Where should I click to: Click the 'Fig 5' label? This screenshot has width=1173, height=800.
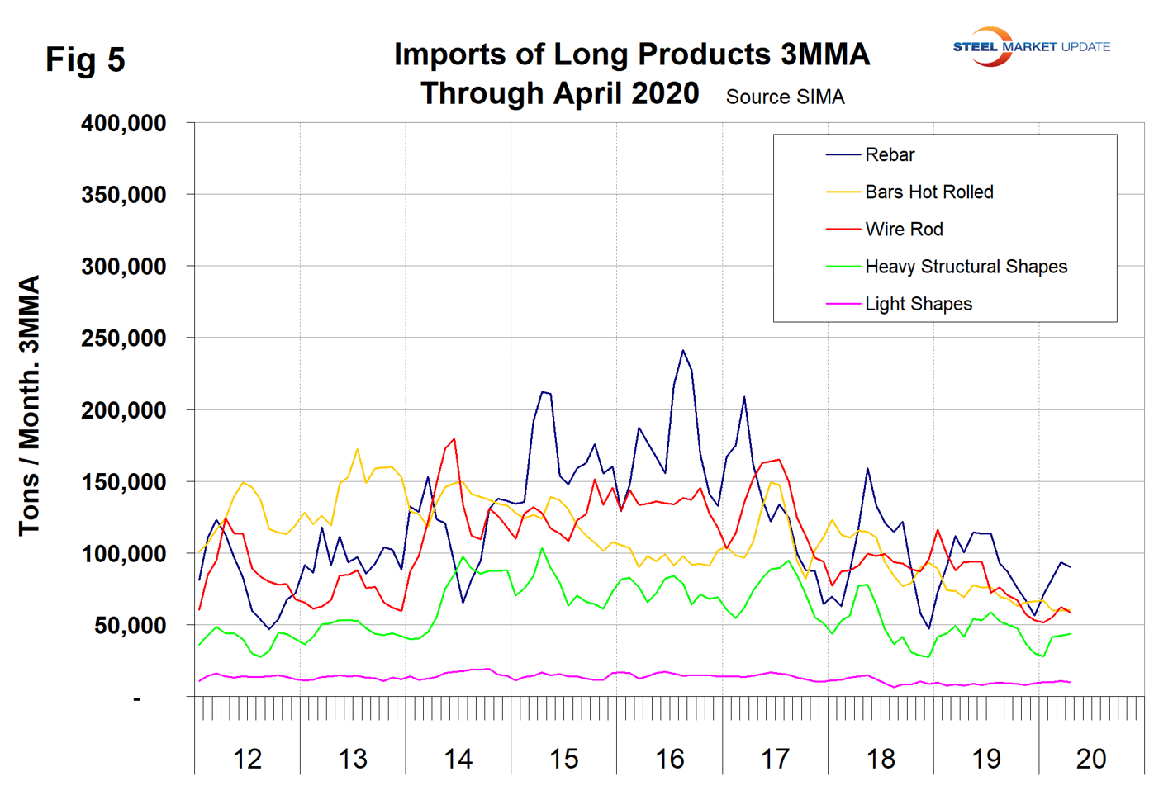point(85,59)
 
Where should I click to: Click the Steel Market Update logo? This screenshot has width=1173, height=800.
point(1031,46)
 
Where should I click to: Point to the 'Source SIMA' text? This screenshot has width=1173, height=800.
point(785,97)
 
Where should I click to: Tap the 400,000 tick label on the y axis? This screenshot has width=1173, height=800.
point(124,123)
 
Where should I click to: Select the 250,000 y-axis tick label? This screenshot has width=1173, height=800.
point(124,338)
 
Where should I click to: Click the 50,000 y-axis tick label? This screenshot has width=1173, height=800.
point(130,626)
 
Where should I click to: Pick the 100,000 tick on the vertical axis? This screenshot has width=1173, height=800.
point(124,554)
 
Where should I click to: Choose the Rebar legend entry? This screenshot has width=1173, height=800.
point(890,155)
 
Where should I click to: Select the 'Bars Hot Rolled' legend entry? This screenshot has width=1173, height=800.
point(928,192)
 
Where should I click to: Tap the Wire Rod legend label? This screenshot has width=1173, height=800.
point(904,230)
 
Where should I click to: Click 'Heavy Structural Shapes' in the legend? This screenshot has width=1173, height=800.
point(966,267)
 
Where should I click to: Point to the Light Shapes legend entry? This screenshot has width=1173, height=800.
point(918,304)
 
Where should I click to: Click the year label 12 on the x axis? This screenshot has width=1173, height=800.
point(247,759)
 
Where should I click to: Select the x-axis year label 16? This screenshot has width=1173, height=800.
point(669,759)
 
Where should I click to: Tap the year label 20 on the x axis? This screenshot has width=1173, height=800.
point(1091,759)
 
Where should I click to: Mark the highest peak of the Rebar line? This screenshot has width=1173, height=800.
point(683,350)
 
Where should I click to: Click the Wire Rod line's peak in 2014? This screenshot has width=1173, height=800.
point(454,438)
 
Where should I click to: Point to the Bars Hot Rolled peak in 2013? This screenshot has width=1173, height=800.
point(357,449)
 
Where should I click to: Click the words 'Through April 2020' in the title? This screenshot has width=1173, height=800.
point(560,93)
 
